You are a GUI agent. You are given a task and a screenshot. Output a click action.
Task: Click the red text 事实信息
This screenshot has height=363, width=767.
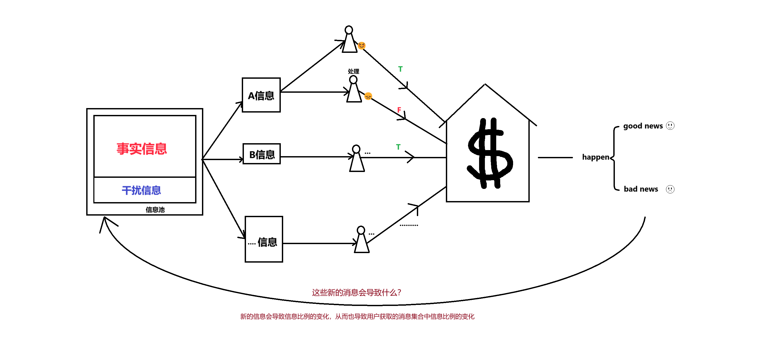pos(142,148)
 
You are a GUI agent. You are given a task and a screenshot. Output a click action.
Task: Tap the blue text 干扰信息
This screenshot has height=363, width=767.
pos(141,190)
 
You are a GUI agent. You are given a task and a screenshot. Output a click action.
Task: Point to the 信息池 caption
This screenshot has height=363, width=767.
pos(155,210)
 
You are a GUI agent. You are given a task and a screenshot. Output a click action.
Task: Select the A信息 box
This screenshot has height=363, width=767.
pos(261,95)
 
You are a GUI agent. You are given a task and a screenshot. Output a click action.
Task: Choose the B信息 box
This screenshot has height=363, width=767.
pos(262,154)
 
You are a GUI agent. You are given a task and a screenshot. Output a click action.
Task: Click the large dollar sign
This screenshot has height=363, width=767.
pos(490,153)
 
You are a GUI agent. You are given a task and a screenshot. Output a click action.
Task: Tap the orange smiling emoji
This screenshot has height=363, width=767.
pos(361,45)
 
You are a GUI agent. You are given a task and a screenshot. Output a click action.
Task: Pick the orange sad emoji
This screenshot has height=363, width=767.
pos(368,96)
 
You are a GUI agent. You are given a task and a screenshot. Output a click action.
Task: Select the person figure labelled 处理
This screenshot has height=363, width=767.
pos(354,89)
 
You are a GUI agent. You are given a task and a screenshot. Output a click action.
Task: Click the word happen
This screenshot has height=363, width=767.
pos(596,157)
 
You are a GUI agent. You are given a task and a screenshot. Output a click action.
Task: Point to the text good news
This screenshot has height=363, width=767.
pos(643,126)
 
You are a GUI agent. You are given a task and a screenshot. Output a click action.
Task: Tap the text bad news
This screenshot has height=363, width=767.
pos(641,189)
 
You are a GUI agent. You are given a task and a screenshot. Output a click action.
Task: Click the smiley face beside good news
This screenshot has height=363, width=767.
pos(670,125)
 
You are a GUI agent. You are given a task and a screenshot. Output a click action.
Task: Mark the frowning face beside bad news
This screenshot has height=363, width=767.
pos(670,189)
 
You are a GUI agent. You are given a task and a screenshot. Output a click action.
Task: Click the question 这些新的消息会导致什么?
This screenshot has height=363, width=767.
pos(356,292)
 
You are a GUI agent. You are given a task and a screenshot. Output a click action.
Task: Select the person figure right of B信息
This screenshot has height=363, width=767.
pos(357,159)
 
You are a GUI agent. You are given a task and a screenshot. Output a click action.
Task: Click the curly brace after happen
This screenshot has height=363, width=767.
pos(615,158)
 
